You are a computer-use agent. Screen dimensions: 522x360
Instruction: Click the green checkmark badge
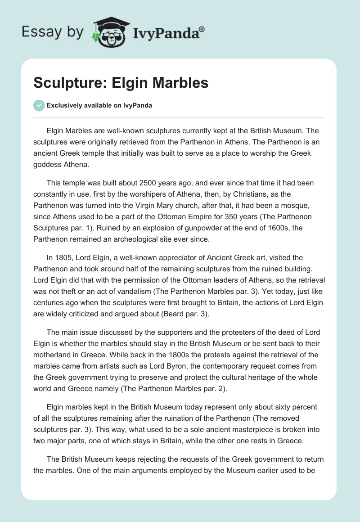(39, 105)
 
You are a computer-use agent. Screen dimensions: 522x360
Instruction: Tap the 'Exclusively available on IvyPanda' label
(99, 105)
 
